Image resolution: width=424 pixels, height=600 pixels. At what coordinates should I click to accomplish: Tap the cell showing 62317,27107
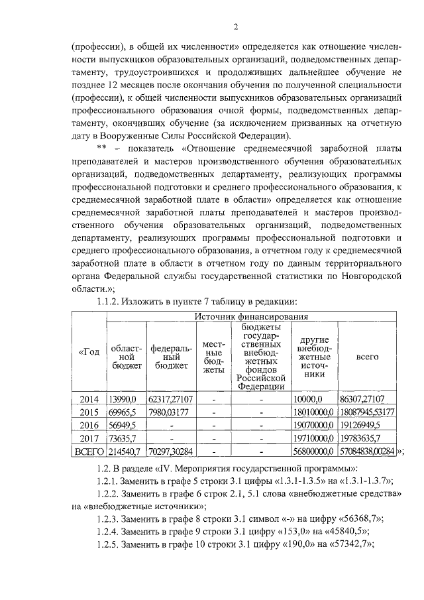tap(170, 399)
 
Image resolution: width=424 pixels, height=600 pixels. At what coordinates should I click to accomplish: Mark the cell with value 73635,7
tap(123, 438)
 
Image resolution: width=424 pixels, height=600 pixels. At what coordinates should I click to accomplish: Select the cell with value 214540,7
tap(125, 451)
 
